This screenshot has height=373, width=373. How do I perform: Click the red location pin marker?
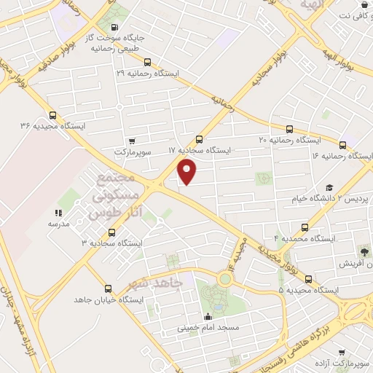(x=188, y=172)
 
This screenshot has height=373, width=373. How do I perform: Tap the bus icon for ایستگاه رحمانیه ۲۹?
(x=149, y=63)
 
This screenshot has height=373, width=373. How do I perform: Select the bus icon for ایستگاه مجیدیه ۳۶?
(x=52, y=115)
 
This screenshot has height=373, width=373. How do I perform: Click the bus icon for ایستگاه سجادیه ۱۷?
(x=200, y=139)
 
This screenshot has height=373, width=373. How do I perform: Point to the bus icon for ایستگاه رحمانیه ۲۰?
(x=290, y=128)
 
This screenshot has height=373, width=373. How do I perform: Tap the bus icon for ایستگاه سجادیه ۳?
(x=111, y=232)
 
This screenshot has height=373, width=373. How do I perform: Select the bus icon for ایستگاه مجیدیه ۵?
(x=308, y=279)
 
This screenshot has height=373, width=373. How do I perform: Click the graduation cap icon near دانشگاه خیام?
(x=329, y=188)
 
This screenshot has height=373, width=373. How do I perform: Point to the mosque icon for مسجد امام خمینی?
(x=209, y=317)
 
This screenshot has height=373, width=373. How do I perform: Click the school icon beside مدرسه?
(x=58, y=213)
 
